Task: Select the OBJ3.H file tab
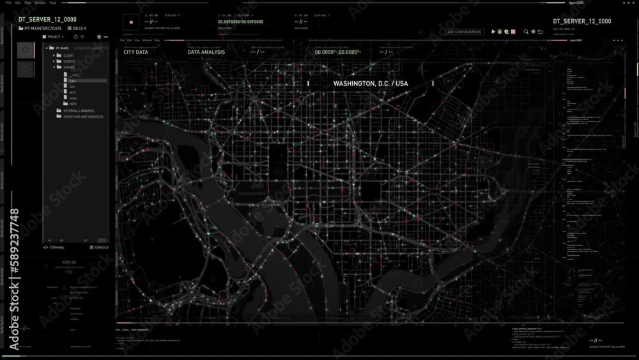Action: pyautogui.click(x=79, y=28)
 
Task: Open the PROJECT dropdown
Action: pyautogui.click(x=54, y=37)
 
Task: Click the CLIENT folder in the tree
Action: pyautogui.click(x=68, y=56)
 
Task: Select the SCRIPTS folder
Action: pyautogui.click(x=69, y=61)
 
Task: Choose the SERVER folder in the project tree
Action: pyautogui.click(x=69, y=67)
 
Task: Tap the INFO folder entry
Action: pyautogui.click(x=72, y=104)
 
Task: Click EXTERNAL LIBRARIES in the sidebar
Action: pyautogui.click(x=79, y=111)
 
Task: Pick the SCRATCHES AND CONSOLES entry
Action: pyautogui.click(x=83, y=116)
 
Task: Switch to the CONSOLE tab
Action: pyautogui.click(x=101, y=247)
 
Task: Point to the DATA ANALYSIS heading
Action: pyautogui.click(x=206, y=52)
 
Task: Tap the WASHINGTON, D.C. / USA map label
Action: pyautogui.click(x=370, y=84)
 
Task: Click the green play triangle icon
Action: pyautogui.click(x=493, y=31)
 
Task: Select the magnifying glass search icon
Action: pyautogui.click(x=526, y=31)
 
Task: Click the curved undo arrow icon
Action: pyautogui.click(x=541, y=31)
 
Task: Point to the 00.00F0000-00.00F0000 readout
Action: pyautogui.click(x=240, y=22)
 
